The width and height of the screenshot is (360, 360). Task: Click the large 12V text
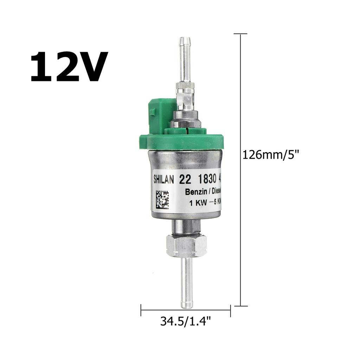point(69,67)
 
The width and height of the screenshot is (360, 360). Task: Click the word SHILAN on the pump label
point(164,179)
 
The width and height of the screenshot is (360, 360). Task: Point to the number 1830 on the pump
point(206,179)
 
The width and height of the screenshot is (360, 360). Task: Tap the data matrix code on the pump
point(162,199)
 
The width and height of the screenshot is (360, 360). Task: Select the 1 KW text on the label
point(197,203)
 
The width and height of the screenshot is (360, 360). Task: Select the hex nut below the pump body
point(187,245)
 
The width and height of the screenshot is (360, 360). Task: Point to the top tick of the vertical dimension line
point(240,34)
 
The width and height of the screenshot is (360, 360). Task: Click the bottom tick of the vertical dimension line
point(240,306)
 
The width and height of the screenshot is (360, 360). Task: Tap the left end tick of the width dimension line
point(141,310)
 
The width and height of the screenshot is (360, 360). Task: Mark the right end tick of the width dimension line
point(230,310)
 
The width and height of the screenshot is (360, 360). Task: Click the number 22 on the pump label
point(185,179)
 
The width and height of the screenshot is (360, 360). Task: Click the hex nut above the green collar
point(186,123)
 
